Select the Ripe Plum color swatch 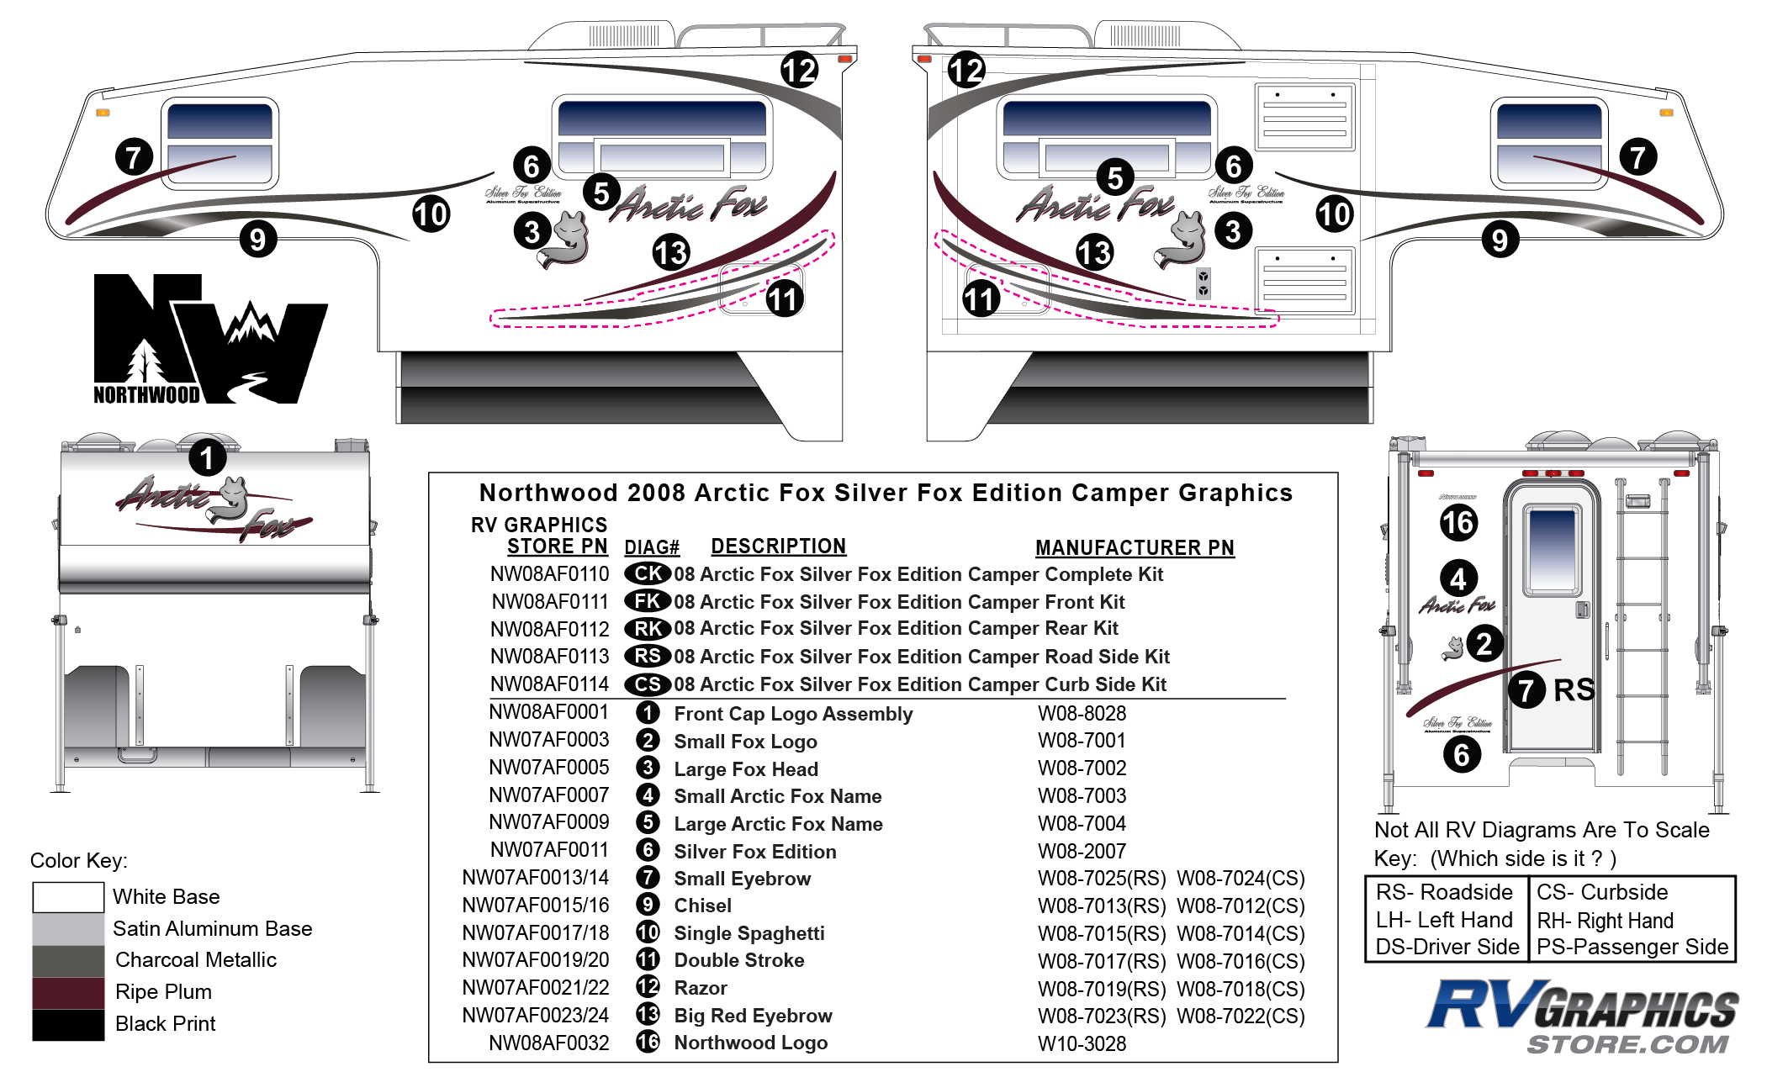click(x=68, y=992)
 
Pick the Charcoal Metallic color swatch click(x=68, y=960)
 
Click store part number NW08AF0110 click(x=549, y=574)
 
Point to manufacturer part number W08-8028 click(x=1082, y=714)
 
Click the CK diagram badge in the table click(x=647, y=574)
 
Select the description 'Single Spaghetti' click(x=749, y=933)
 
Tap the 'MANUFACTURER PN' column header click(x=1135, y=548)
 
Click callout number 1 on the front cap click(x=207, y=458)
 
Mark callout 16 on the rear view click(x=1458, y=522)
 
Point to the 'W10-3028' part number click(x=1082, y=1043)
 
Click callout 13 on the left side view click(x=671, y=252)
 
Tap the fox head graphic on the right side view click(x=1184, y=240)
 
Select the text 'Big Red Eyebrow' click(x=753, y=1016)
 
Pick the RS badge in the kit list click(x=647, y=657)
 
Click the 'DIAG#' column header click(x=651, y=548)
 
